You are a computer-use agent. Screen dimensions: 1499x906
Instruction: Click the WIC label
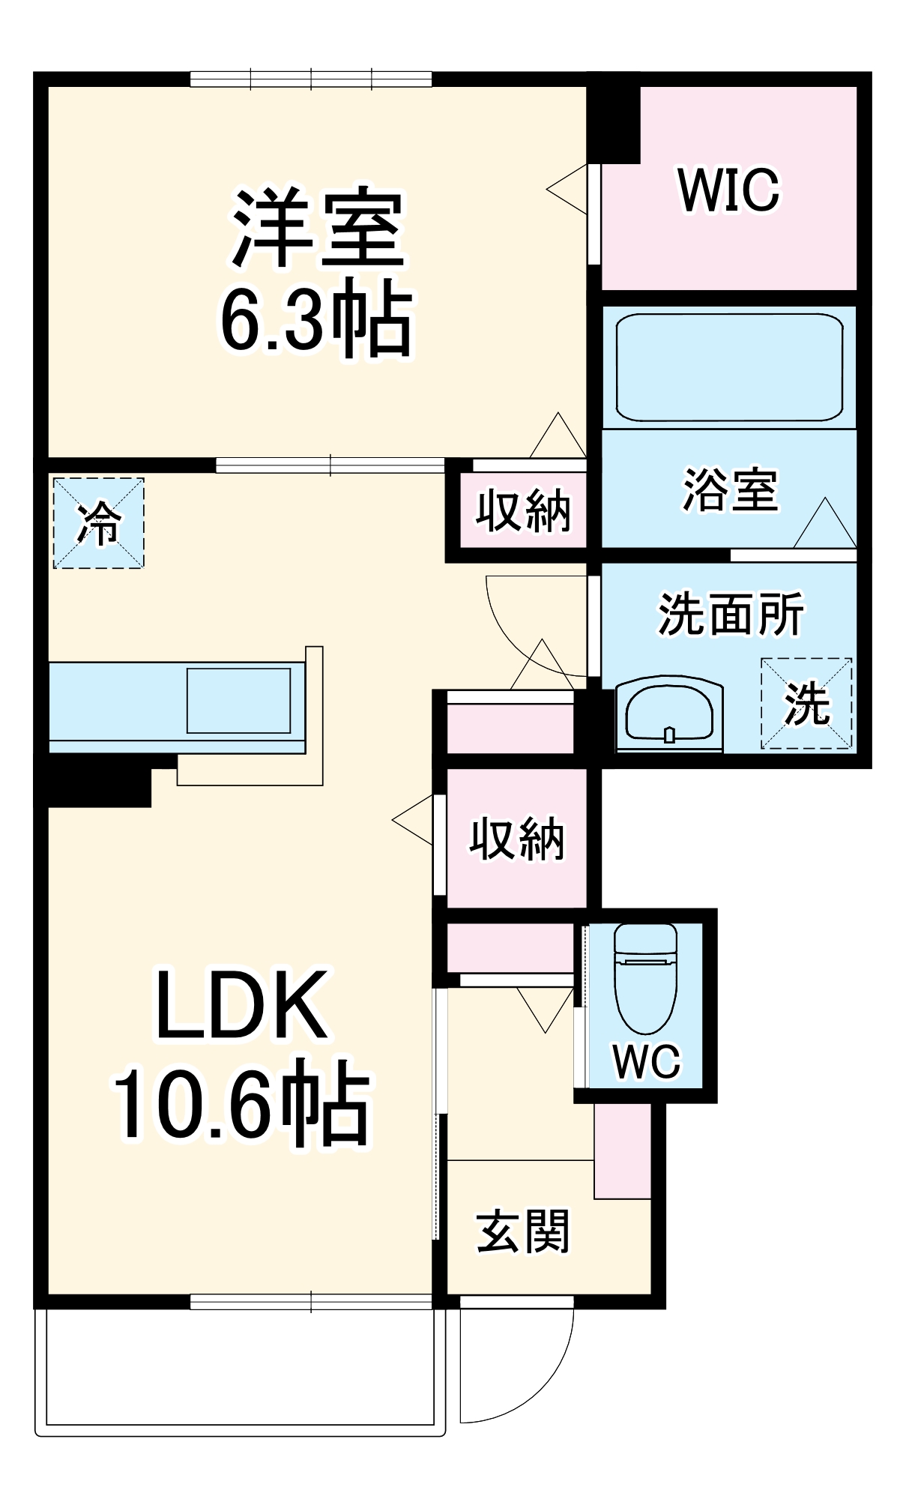[x=728, y=190]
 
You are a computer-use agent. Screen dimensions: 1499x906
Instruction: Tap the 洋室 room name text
[x=318, y=228]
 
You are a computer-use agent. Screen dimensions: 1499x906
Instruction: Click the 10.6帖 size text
[x=241, y=1102]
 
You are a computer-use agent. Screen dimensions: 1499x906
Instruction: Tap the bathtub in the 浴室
[x=729, y=367]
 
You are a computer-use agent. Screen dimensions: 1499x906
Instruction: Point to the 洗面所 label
[x=731, y=615]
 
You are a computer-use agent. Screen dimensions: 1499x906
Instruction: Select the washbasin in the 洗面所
[x=669, y=716]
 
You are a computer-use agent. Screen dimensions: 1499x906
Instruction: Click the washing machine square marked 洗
[x=806, y=704]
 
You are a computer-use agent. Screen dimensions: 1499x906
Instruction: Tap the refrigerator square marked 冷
[x=98, y=523]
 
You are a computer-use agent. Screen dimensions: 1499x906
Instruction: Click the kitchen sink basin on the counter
[x=238, y=701]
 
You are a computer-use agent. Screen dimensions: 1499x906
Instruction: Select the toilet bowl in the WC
[x=645, y=982]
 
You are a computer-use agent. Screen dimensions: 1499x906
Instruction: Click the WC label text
[x=646, y=1061]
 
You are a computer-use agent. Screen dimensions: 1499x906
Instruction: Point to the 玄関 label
[x=522, y=1231]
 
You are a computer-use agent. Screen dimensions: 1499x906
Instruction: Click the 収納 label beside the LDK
[x=516, y=839]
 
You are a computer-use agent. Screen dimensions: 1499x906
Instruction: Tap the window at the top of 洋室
[x=310, y=79]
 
